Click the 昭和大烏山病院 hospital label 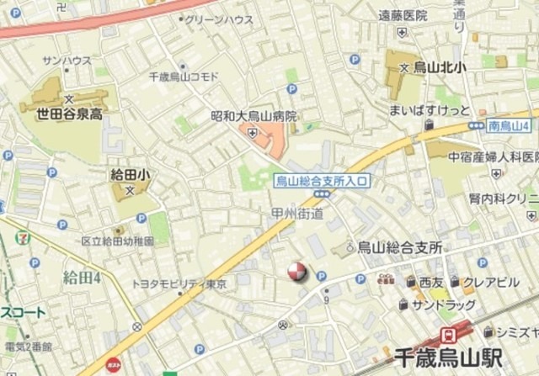pyautogui.click(x=253, y=116)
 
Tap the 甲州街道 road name pyautogui.click(x=297, y=214)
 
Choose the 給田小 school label pyautogui.click(x=130, y=174)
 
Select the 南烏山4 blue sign pyautogui.click(x=508, y=126)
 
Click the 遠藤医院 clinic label pyautogui.click(x=403, y=15)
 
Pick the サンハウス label pyautogui.click(x=67, y=60)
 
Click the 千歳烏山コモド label pyautogui.click(x=183, y=77)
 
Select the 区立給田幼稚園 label pyautogui.click(x=118, y=241)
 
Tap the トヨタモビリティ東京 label pyautogui.click(x=179, y=284)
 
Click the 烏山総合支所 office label pyautogui.click(x=400, y=246)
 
